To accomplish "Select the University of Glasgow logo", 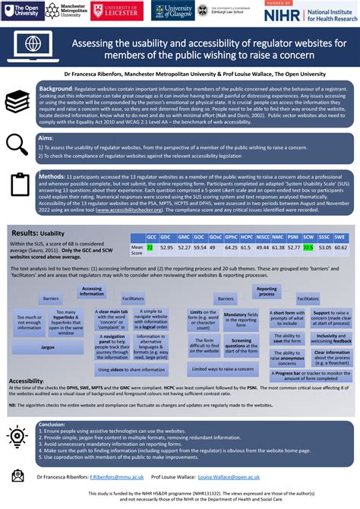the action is [173, 11].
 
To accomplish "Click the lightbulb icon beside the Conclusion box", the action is [17, 435].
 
